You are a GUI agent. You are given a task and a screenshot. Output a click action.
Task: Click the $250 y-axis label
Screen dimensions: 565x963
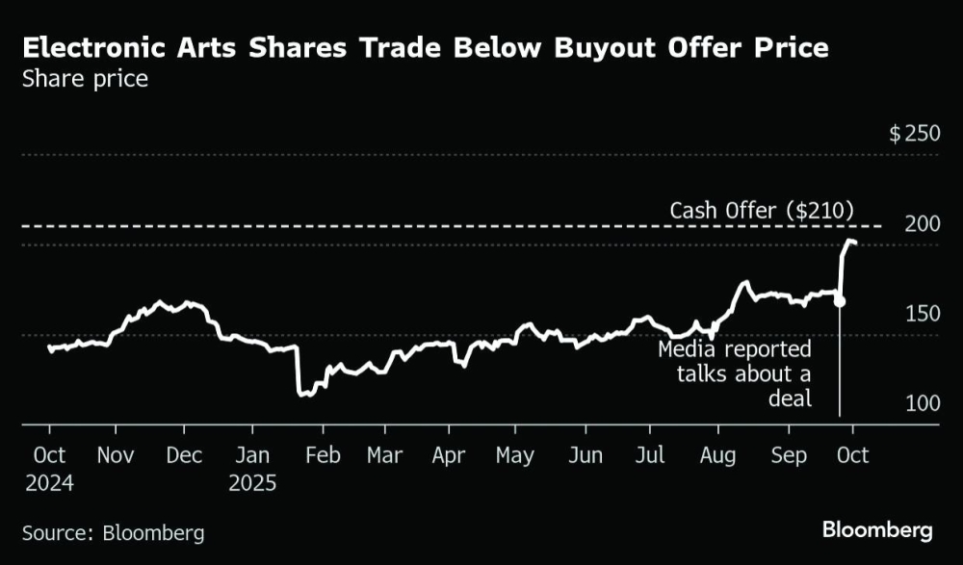point(914,133)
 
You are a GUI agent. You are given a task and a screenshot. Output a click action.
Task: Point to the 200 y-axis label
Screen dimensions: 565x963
point(922,223)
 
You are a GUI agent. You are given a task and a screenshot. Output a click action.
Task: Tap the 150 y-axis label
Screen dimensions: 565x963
point(922,314)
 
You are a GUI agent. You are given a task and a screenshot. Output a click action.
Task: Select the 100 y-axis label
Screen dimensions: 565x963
point(922,403)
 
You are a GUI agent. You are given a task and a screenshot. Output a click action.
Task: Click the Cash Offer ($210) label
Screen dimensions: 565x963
point(762,210)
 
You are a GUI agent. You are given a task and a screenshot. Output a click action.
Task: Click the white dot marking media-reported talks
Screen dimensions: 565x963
point(840,301)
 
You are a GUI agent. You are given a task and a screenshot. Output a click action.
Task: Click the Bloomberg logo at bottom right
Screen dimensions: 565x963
point(877,529)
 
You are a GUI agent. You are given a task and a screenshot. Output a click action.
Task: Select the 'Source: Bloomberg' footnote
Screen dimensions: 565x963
point(114,532)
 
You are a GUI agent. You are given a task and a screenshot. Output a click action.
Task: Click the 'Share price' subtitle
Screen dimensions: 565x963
point(85,79)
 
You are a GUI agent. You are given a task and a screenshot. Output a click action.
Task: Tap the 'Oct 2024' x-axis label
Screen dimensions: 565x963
point(50,468)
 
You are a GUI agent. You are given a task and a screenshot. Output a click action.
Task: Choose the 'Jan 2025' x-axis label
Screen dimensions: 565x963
point(252,468)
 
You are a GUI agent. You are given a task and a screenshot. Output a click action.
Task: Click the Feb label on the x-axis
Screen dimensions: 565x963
point(324,455)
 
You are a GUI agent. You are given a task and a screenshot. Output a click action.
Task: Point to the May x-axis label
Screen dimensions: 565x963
point(514,455)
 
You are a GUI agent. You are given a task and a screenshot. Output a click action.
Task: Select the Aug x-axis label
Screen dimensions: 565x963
point(716,455)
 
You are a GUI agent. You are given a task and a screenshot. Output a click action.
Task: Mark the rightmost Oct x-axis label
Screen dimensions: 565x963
point(852,455)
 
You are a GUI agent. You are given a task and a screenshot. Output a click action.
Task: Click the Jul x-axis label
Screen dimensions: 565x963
point(652,455)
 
